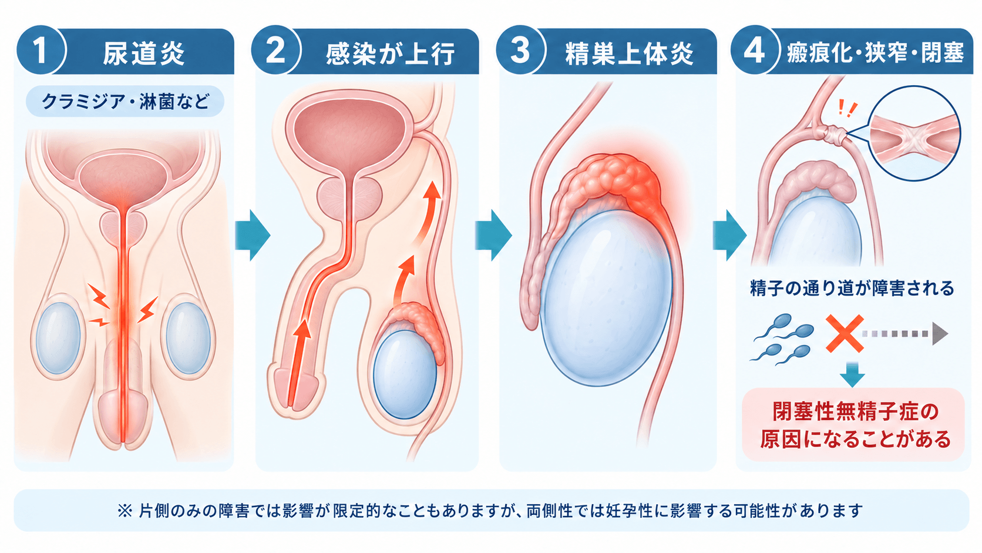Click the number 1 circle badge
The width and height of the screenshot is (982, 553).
coord(41,51)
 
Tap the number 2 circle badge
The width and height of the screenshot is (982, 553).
coord(276,51)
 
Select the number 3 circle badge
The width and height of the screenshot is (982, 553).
coord(520,51)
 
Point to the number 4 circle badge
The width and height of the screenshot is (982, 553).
coord(755,51)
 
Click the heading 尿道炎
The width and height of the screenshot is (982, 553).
coord(144,53)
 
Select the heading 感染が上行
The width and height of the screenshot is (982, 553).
coord(390,53)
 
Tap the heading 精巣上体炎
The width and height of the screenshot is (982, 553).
coord(630,53)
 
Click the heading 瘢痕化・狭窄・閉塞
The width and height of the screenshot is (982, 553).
coord(875,53)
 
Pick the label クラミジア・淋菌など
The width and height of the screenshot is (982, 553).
coord(125,101)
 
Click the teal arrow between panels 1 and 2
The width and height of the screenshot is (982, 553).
coord(253,235)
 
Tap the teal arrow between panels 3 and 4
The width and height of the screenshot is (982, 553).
coord(729,235)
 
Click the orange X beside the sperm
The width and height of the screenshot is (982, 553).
coord(845,334)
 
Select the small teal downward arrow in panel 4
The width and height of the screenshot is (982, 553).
coord(852,374)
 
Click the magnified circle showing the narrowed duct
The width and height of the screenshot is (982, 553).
coord(914,133)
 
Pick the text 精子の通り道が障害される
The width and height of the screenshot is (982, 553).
coord(852,288)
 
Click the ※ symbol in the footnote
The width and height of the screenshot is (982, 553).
coord(125,511)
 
